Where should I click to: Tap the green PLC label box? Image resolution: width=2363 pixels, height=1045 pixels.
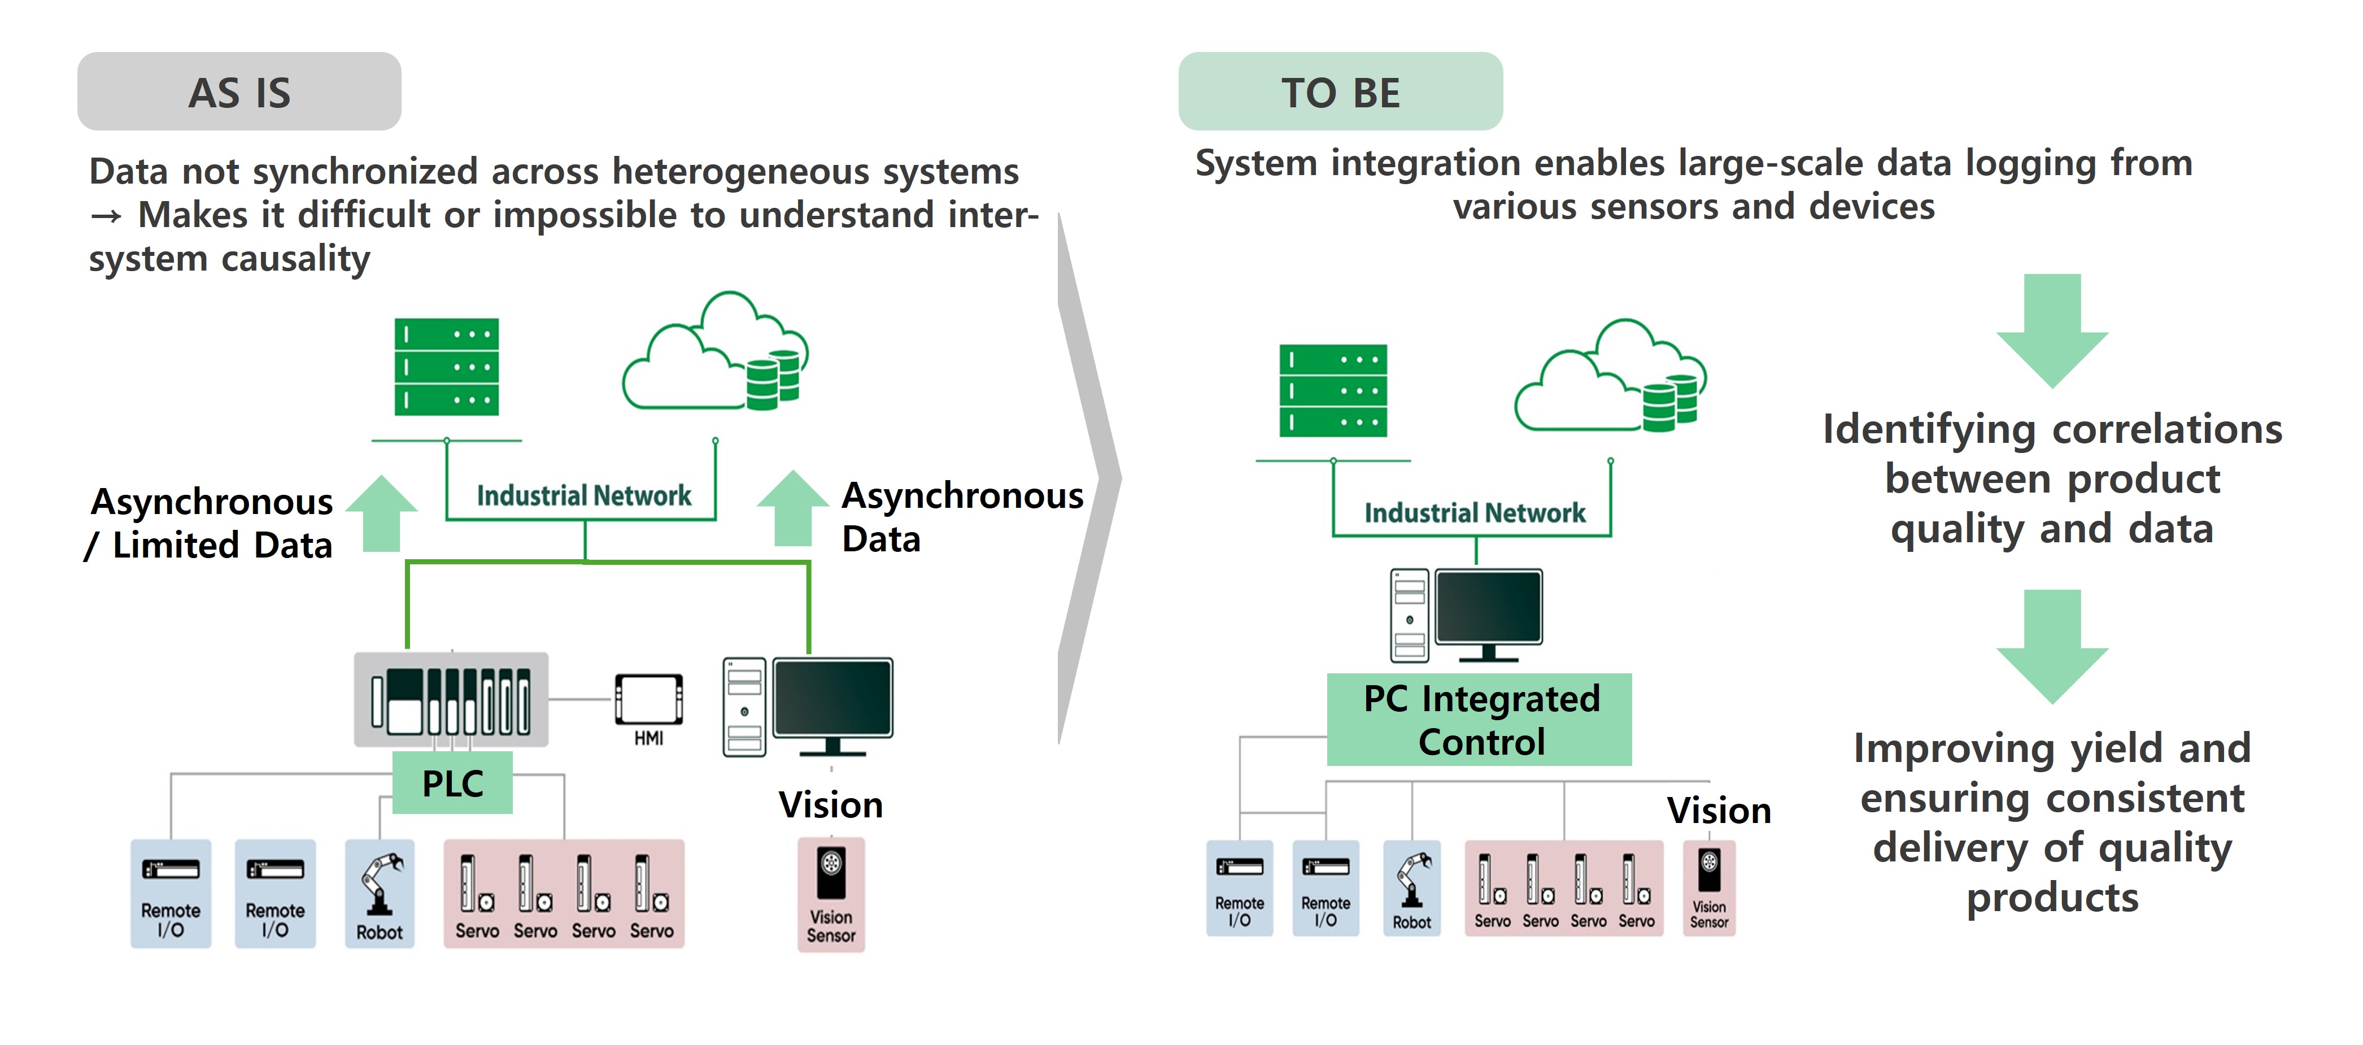pyautogui.click(x=452, y=782)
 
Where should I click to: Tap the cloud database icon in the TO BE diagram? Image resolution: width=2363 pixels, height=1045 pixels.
pyautogui.click(x=1612, y=377)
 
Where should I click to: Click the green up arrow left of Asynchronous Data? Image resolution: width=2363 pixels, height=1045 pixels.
pyautogui.click(x=792, y=509)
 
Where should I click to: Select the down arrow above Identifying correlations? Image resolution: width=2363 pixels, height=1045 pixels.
pyautogui.click(x=2052, y=330)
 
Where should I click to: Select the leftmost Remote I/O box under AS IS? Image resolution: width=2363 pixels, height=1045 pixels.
pyautogui.click(x=171, y=892)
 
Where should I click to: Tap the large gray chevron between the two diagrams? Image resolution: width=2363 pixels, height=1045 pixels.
pyautogui.click(x=1090, y=477)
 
